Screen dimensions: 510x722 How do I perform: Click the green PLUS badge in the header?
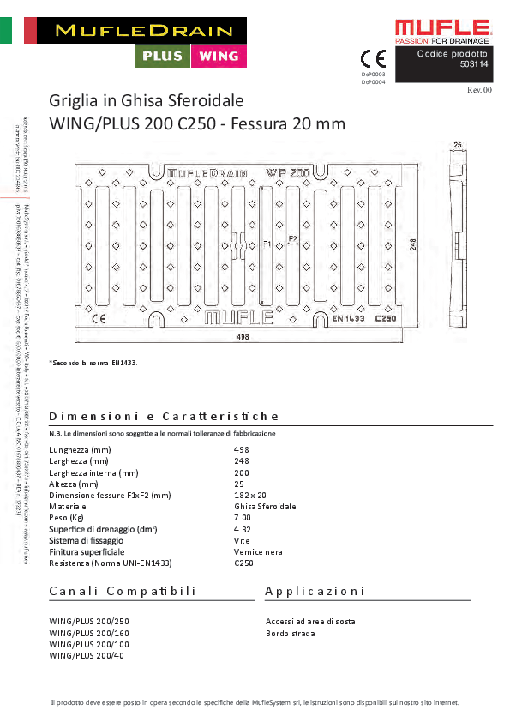162,57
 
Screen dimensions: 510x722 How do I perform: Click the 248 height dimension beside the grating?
412,245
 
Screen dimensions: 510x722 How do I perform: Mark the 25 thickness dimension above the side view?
458,145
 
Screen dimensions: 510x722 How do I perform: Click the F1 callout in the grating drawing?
267,244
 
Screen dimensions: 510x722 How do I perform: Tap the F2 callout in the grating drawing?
292,238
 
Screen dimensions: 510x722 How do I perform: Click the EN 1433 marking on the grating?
349,318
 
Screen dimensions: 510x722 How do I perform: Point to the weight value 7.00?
242,518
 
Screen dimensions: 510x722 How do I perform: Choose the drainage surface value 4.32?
242,529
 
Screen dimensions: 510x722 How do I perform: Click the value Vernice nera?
258,552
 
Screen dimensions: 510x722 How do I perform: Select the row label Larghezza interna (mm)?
93,472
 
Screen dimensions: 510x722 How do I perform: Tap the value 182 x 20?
250,496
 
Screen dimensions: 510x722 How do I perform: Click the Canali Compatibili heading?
123,592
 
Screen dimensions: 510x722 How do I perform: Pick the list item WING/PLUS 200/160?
87,633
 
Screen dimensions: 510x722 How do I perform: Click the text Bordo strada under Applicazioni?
290,633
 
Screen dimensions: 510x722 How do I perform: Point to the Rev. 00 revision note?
479,89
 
